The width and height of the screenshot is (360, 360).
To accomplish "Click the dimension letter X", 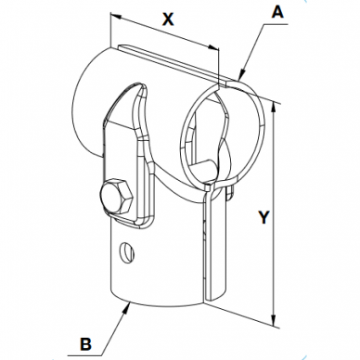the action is [x=168, y=19].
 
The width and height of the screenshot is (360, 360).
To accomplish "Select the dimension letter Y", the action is [x=264, y=216].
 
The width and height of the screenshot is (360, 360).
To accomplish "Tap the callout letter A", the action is [x=277, y=12].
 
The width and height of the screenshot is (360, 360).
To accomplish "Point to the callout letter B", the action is [x=85, y=343].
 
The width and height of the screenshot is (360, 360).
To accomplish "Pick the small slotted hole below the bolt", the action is [x=127, y=251].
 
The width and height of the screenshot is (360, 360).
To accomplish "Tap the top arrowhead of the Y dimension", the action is [x=273, y=107].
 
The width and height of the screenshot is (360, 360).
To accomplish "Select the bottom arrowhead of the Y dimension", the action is [x=273, y=321].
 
